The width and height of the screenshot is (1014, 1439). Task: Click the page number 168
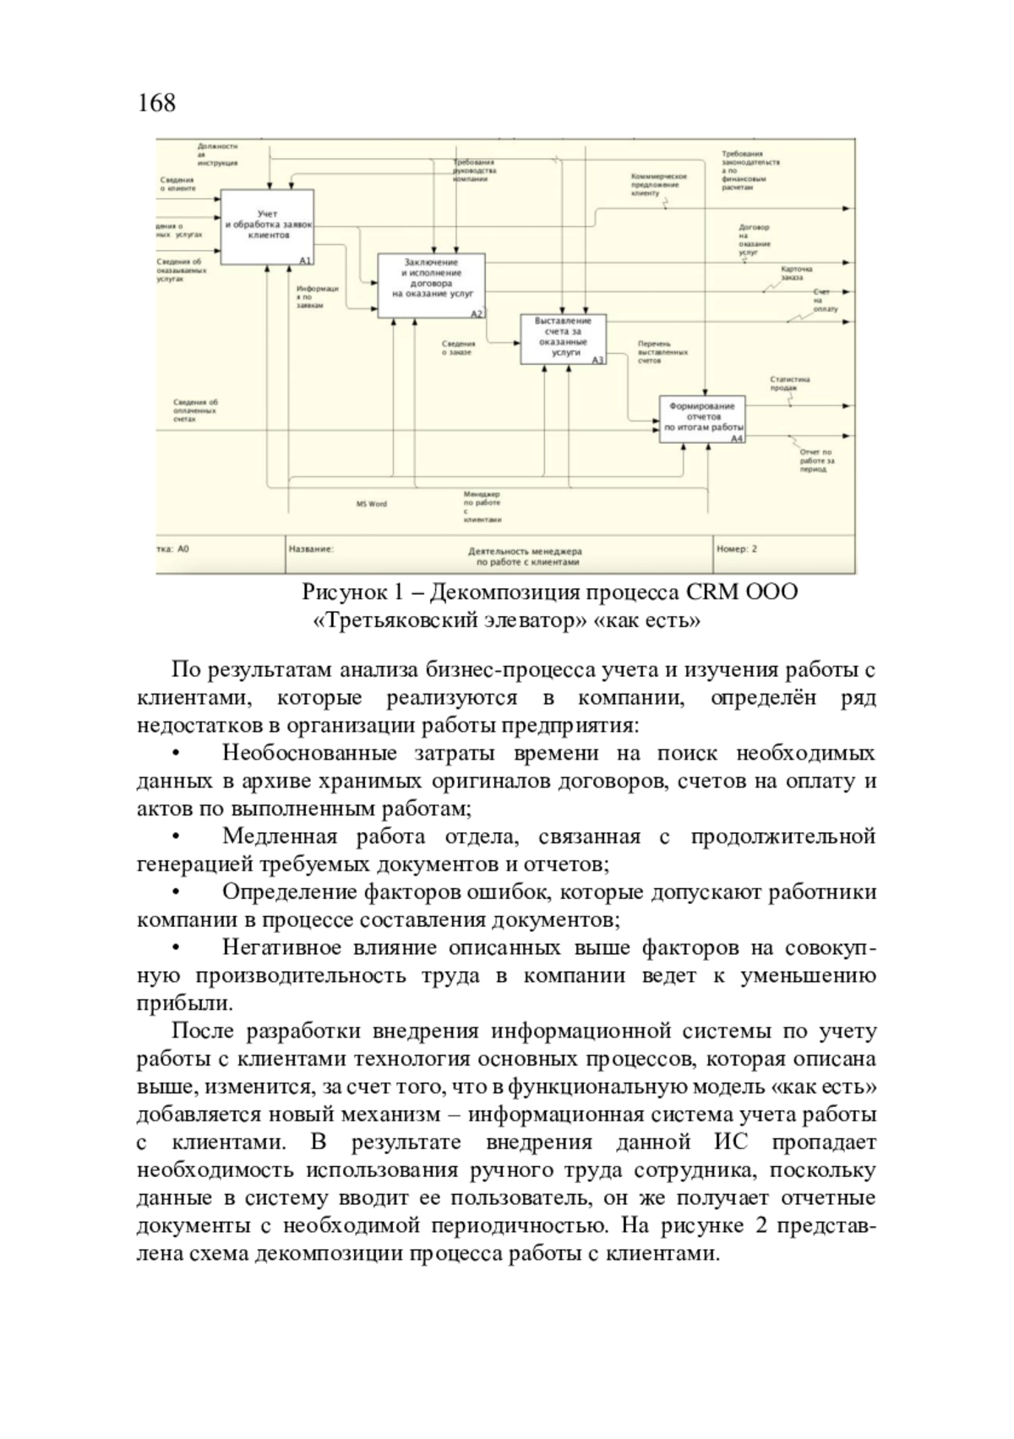coord(156,103)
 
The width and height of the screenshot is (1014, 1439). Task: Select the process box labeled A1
coord(267,226)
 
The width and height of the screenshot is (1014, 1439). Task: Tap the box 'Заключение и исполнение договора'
coord(432,285)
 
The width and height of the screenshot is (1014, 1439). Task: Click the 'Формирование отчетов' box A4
coord(703,418)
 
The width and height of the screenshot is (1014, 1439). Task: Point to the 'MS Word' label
coord(371,504)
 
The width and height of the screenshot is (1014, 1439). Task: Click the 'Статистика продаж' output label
coord(790,383)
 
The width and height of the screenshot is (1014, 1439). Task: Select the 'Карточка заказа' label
coord(798,272)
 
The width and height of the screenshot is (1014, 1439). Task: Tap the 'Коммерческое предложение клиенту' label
coord(659,184)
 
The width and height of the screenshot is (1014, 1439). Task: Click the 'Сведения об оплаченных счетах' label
coord(196,410)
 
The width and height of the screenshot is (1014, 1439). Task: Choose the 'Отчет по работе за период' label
coord(816,461)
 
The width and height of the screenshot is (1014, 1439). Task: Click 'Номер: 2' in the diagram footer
coord(737,549)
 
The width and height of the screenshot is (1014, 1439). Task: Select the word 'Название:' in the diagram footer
coord(311,549)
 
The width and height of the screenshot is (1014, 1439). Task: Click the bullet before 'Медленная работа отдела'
coord(176,837)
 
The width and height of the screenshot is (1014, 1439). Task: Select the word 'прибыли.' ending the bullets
coord(184,1003)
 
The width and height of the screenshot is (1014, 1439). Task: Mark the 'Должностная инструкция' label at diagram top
coord(217,154)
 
